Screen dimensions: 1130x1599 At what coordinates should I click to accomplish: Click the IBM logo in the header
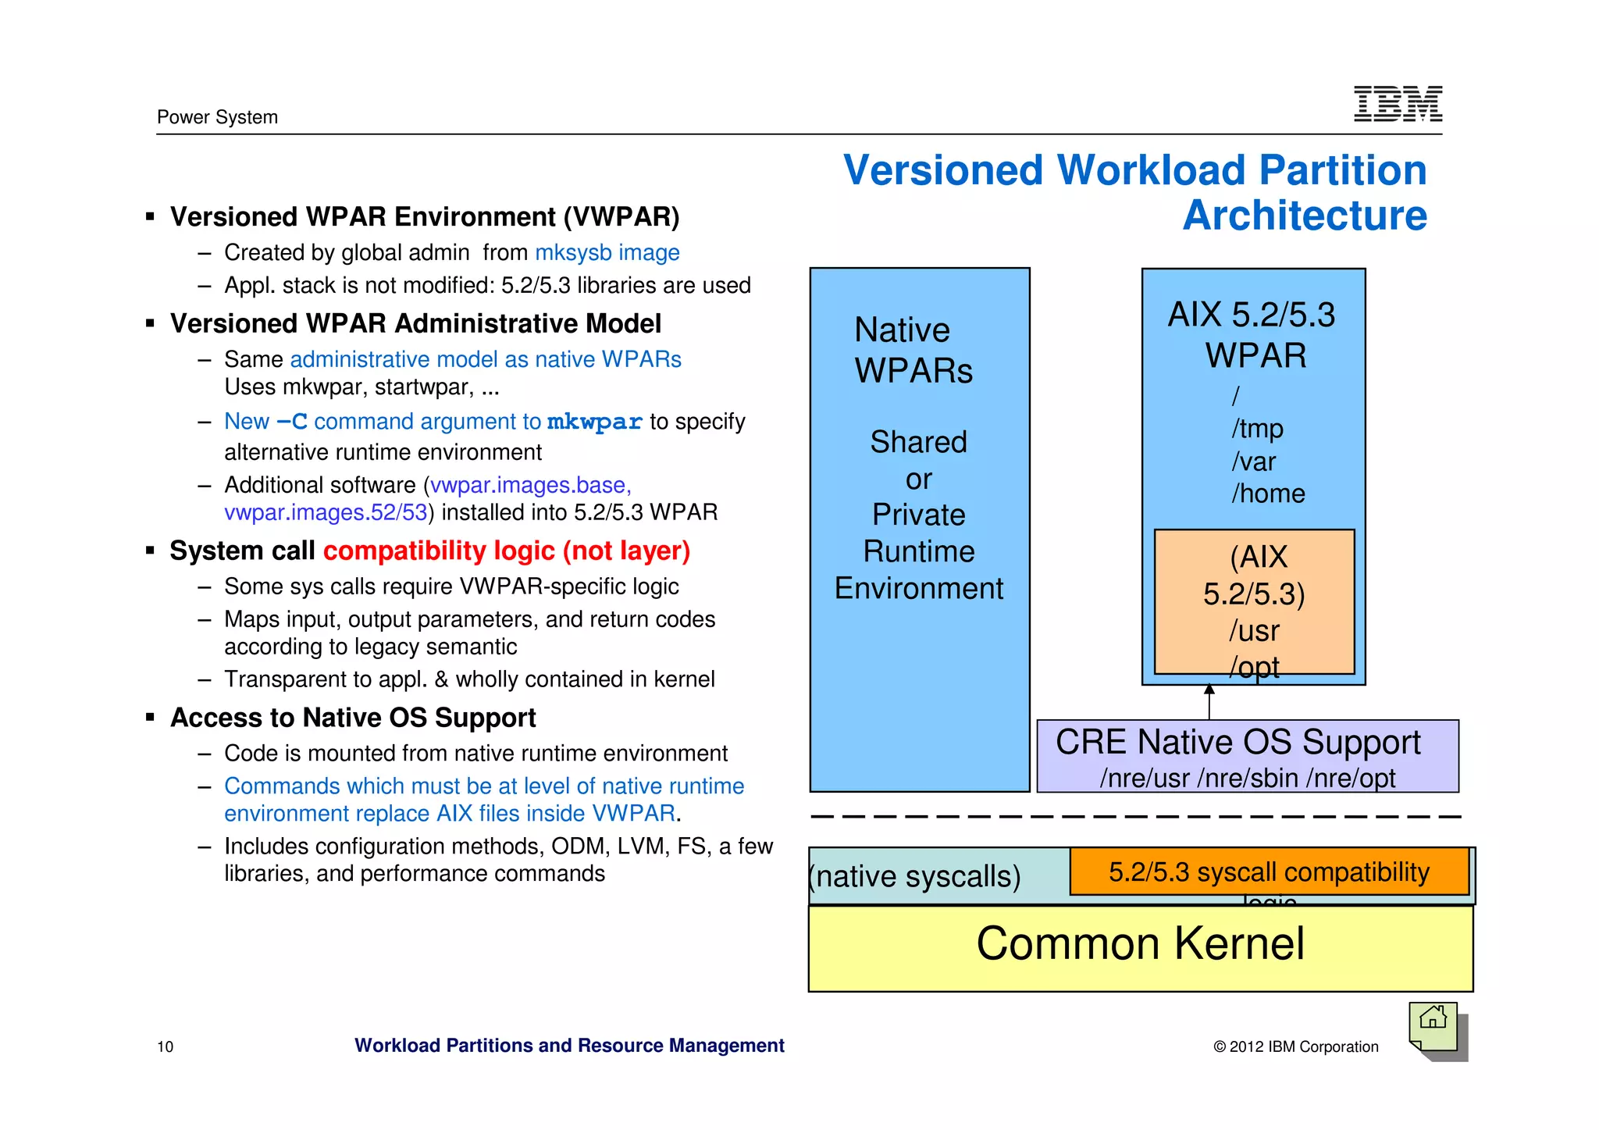coord(1397,104)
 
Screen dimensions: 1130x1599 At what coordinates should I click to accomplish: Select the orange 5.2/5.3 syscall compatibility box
coord(1269,872)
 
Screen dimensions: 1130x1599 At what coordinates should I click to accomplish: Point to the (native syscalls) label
coord(915,876)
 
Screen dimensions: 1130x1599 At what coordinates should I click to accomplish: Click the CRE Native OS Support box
coord(1247,755)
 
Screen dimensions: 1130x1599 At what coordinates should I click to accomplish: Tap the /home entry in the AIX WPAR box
coord(1268,494)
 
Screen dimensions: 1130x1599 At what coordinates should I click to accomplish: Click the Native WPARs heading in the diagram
coord(913,350)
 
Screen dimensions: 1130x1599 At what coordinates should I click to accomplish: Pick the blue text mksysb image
coord(607,252)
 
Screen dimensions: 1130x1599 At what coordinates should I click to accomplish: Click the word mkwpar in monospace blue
coord(594,422)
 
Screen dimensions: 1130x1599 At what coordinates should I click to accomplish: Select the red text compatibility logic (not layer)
coord(507,551)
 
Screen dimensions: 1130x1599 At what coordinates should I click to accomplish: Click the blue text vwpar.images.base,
coord(531,485)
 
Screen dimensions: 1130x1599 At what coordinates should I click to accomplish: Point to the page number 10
coord(166,1046)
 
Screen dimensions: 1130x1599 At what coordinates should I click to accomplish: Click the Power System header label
coord(217,117)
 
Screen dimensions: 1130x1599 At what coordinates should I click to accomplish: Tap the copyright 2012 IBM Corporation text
coord(1295,1046)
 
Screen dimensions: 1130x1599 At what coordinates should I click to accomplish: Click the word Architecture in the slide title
coord(1304,216)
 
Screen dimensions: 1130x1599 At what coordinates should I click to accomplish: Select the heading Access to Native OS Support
coord(353,717)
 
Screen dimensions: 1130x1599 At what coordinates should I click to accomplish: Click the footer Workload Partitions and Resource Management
coord(569,1045)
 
